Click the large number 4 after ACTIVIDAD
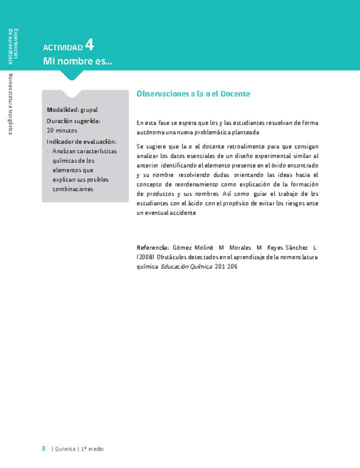point(89,45)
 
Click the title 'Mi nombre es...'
point(77,61)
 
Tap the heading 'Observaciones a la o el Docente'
point(193,94)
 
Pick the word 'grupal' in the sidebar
point(89,110)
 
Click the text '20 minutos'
point(62,130)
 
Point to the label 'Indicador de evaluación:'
point(81,142)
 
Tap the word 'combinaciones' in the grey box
point(73,189)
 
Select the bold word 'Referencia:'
point(153,248)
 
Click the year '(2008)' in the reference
point(145,257)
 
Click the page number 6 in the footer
point(43,449)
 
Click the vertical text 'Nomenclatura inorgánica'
point(10,104)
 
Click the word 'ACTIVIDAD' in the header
point(63,48)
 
